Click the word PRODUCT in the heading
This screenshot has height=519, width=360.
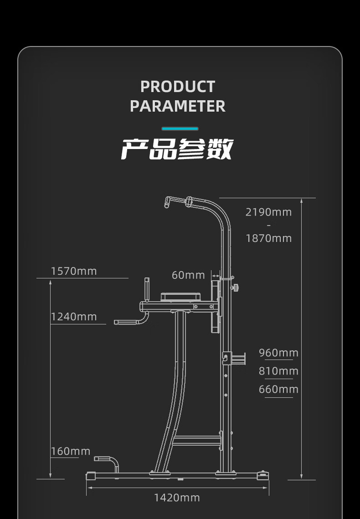pyautogui.click(x=177, y=87)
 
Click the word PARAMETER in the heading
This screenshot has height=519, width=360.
pyautogui.click(x=177, y=106)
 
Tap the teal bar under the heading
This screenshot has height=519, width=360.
pyautogui.click(x=180, y=129)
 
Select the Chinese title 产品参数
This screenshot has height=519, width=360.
pyautogui.click(x=177, y=149)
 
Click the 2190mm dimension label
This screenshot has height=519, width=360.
pyautogui.click(x=268, y=212)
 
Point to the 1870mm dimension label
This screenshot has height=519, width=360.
pyautogui.click(x=268, y=238)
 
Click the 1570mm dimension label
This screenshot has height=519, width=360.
pyautogui.click(x=74, y=272)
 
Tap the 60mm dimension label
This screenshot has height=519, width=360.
pyautogui.click(x=188, y=275)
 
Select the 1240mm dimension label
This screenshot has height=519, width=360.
pyautogui.click(x=74, y=317)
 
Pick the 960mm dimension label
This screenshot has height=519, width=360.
pyautogui.click(x=278, y=353)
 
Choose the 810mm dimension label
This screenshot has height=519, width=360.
pyautogui.click(x=278, y=371)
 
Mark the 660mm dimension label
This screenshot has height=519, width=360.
pyautogui.click(x=278, y=389)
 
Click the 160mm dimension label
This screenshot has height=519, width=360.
pyautogui.click(x=71, y=451)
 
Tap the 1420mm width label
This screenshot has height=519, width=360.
pyautogui.click(x=177, y=498)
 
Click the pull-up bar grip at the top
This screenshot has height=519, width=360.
pyautogui.click(x=175, y=200)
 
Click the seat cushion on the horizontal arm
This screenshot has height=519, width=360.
pyautogui.click(x=181, y=296)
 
